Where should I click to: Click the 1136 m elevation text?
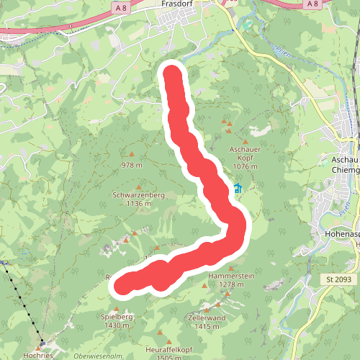(x=138, y=203)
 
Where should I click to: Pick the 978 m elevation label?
(x=132, y=165)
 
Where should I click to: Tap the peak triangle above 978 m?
(x=132, y=154)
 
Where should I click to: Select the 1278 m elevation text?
(x=232, y=284)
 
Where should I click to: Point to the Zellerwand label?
(x=207, y=318)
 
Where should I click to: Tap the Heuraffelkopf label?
(x=168, y=349)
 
